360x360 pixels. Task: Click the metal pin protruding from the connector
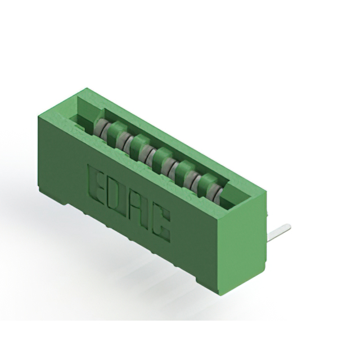pos(279,232)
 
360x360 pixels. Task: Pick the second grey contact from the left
pos(124,141)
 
